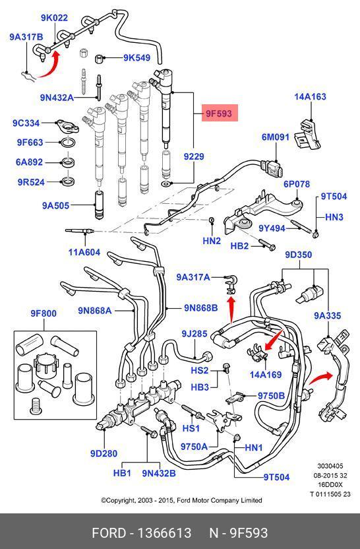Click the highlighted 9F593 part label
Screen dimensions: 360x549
(x=220, y=113)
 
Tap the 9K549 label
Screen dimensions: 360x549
(x=136, y=58)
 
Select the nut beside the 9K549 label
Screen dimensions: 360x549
(x=100, y=58)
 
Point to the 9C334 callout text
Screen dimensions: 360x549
(x=26, y=123)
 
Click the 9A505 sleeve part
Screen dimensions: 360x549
(x=100, y=205)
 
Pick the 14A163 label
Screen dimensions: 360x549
(x=311, y=96)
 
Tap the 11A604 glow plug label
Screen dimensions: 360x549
(x=84, y=252)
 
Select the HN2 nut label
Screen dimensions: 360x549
(x=212, y=241)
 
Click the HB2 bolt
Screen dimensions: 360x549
(x=267, y=244)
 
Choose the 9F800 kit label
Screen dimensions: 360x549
(x=44, y=313)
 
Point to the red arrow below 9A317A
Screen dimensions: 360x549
(x=231, y=310)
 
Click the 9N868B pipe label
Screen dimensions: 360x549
(x=201, y=307)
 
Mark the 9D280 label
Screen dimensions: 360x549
(x=104, y=453)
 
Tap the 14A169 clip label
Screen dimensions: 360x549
(x=266, y=375)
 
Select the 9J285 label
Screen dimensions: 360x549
(x=195, y=334)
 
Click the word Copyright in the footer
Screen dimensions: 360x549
(x=119, y=500)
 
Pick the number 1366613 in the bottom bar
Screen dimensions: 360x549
(x=164, y=533)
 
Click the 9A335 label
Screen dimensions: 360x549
(x=328, y=315)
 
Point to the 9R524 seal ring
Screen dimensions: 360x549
(x=67, y=181)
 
